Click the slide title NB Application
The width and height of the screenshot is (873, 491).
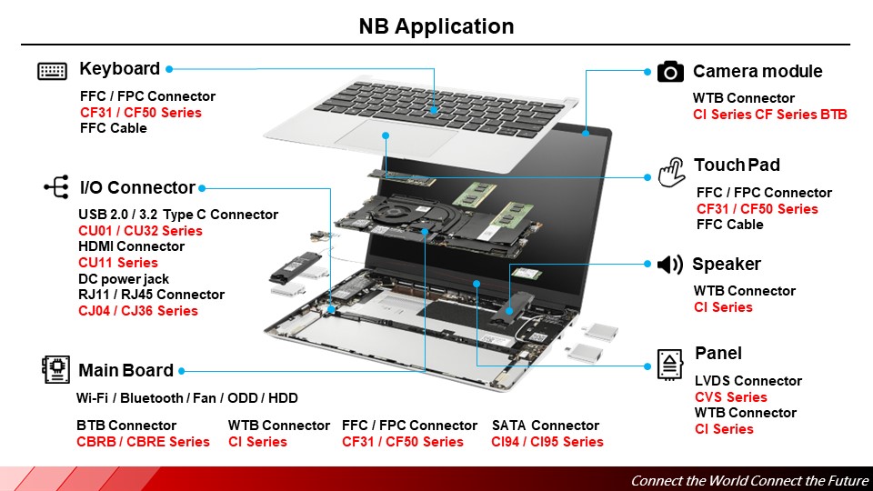(436, 26)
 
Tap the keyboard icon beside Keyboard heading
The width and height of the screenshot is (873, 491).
(53, 71)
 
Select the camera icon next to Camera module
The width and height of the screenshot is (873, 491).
(670, 72)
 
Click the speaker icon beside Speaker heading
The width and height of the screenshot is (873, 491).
(669, 265)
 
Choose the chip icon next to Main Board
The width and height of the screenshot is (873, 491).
(55, 369)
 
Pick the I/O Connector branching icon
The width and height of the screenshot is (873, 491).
(55, 188)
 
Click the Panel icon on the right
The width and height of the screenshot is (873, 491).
(670, 363)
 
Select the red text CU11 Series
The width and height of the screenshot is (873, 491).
(118, 263)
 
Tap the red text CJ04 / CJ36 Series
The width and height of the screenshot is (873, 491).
(138, 311)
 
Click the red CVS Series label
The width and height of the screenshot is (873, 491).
(731, 397)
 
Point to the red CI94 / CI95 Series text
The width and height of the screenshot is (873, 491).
(547, 442)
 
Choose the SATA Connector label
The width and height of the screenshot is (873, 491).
(546, 426)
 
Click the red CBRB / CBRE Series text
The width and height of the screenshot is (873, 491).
(143, 442)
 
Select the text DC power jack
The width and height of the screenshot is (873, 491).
(124, 279)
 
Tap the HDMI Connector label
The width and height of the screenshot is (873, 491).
(131, 246)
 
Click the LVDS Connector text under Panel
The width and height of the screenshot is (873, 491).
(748, 381)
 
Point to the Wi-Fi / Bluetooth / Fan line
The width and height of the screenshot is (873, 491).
(186, 398)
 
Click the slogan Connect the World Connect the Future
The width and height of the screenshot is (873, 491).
(749, 480)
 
